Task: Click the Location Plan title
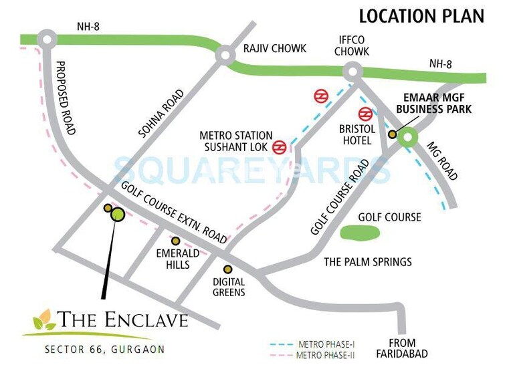(421, 16)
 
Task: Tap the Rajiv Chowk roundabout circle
(225, 56)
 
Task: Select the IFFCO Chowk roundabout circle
(352, 71)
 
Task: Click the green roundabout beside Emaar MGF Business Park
(407, 138)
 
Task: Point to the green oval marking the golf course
(361, 233)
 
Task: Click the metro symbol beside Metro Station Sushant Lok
(280, 145)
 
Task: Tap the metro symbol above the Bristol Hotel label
(365, 114)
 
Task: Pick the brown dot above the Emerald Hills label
(176, 241)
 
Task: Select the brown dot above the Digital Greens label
(228, 269)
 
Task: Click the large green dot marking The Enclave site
(118, 214)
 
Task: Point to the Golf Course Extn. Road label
(175, 213)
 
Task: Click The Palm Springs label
(368, 261)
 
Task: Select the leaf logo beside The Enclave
(45, 321)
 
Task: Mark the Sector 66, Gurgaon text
(104, 349)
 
